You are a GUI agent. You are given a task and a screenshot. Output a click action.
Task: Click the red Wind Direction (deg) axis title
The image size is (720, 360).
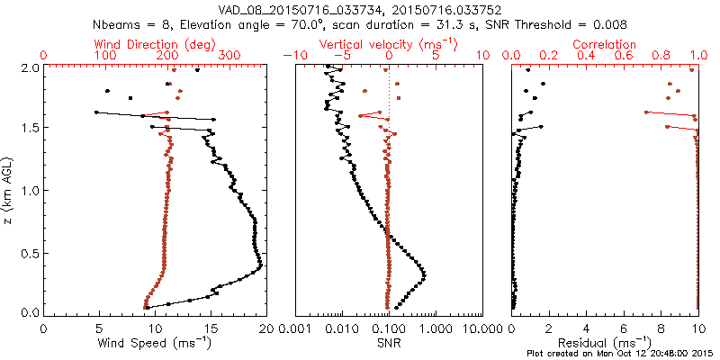click(x=154, y=43)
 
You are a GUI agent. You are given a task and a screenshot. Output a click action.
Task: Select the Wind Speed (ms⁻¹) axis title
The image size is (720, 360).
click(x=154, y=342)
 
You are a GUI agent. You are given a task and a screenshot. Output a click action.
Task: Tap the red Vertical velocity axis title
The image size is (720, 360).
click(x=389, y=43)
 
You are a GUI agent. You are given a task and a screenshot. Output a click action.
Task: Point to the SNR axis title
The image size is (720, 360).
click(x=389, y=342)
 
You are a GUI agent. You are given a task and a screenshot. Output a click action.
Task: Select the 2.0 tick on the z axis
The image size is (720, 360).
click(x=30, y=67)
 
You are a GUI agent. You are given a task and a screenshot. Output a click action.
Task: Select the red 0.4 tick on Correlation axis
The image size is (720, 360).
click(x=586, y=56)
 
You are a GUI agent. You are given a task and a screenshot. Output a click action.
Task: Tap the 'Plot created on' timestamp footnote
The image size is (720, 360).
click(x=620, y=353)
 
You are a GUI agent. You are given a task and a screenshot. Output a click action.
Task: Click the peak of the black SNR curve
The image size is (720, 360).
click(x=424, y=274)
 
